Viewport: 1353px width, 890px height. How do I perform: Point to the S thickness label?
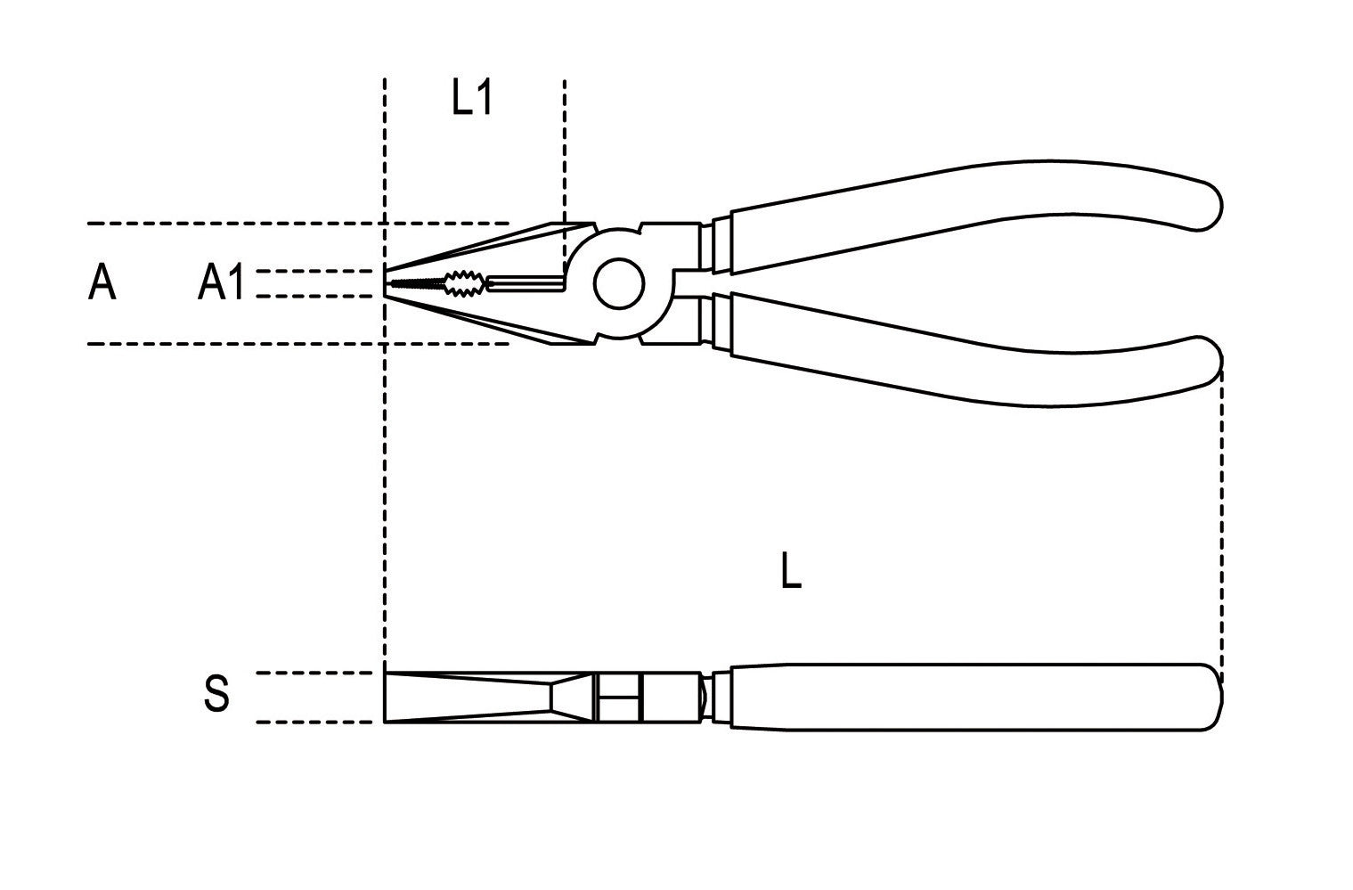tap(216, 694)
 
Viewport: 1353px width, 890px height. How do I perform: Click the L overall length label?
tap(791, 570)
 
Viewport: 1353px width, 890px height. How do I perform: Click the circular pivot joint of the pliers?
tap(618, 283)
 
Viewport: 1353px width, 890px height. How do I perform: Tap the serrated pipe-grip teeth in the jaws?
tap(464, 283)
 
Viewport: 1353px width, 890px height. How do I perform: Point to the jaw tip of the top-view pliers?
tap(386, 283)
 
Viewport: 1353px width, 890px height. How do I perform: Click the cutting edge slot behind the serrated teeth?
tap(526, 283)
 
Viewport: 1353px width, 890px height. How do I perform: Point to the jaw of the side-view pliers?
tap(488, 698)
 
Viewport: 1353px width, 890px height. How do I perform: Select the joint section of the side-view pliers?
tap(649, 698)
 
